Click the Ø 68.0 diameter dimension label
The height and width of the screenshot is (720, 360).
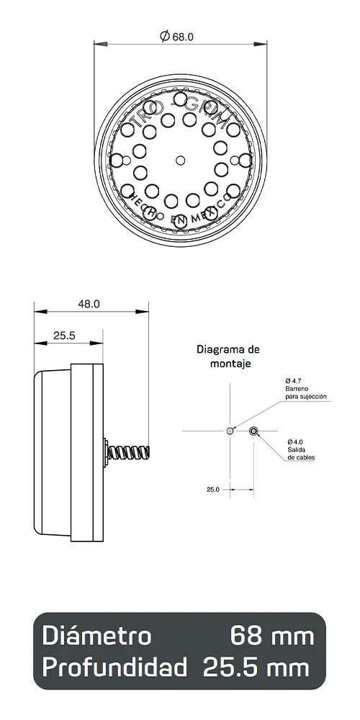(178, 35)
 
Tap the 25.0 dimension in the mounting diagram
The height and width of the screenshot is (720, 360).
(212, 489)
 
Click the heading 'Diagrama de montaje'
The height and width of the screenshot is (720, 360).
(228, 356)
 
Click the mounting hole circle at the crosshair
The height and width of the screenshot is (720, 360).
(230, 431)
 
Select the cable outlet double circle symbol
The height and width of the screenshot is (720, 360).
(253, 431)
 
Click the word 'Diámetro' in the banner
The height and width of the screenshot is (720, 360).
(96, 636)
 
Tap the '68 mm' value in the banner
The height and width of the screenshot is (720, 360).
(271, 636)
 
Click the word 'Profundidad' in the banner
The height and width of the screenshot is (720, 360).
(114, 667)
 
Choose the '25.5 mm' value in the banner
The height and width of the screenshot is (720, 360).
(256, 667)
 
